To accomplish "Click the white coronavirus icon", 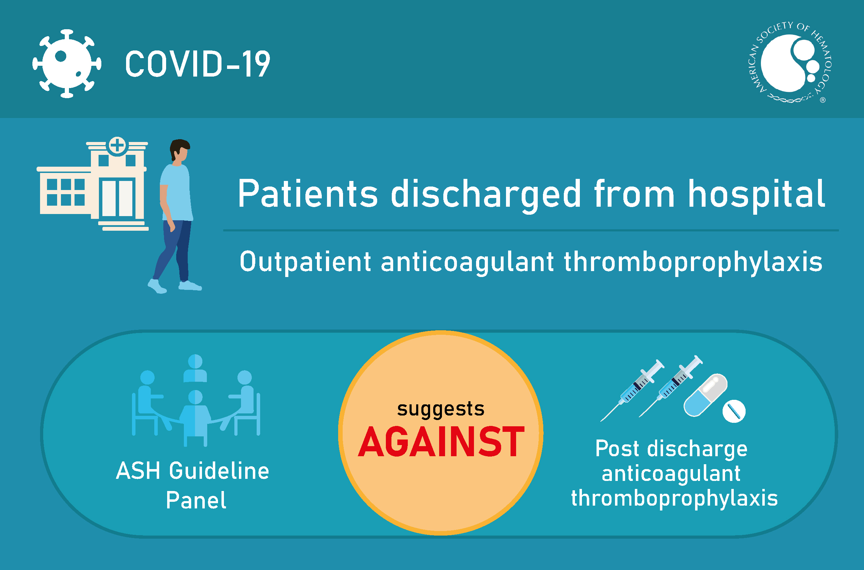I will (x=67, y=64).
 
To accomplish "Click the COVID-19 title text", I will (x=197, y=64).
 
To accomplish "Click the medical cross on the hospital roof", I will (x=117, y=145).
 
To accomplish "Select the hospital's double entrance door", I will (x=117, y=198).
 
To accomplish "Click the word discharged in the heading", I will (x=486, y=195).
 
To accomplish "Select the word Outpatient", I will (x=305, y=262).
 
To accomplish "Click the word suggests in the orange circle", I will (x=441, y=409).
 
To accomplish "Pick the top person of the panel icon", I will (x=195, y=368).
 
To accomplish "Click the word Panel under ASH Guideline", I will (x=196, y=500).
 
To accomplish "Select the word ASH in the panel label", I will (x=138, y=472).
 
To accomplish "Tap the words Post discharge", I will (x=671, y=449).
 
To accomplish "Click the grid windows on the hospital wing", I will (x=66, y=192).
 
